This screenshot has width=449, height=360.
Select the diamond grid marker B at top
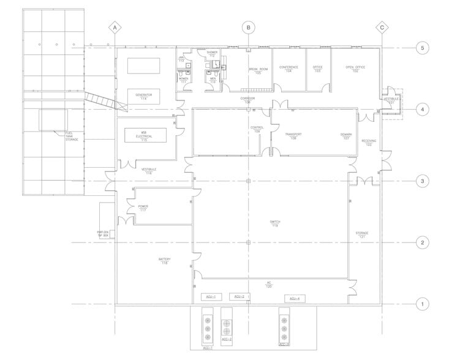[247, 28]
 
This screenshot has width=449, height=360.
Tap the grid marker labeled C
[382, 28]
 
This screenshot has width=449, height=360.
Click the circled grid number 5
[421, 47]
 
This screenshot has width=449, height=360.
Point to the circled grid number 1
[421, 304]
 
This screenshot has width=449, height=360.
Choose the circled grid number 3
[421, 181]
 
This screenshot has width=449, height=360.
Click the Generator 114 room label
[143, 96]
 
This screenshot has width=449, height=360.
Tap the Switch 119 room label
[275, 224]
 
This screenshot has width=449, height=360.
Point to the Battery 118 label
[164, 261]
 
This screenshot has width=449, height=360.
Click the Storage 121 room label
[361, 235]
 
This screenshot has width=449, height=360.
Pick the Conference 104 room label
[289, 69]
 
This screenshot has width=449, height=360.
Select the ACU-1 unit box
[210, 296]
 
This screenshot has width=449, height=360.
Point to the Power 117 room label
[143, 208]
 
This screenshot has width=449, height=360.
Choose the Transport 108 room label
[289, 137]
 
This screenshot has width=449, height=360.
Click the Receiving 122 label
[368, 143]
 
